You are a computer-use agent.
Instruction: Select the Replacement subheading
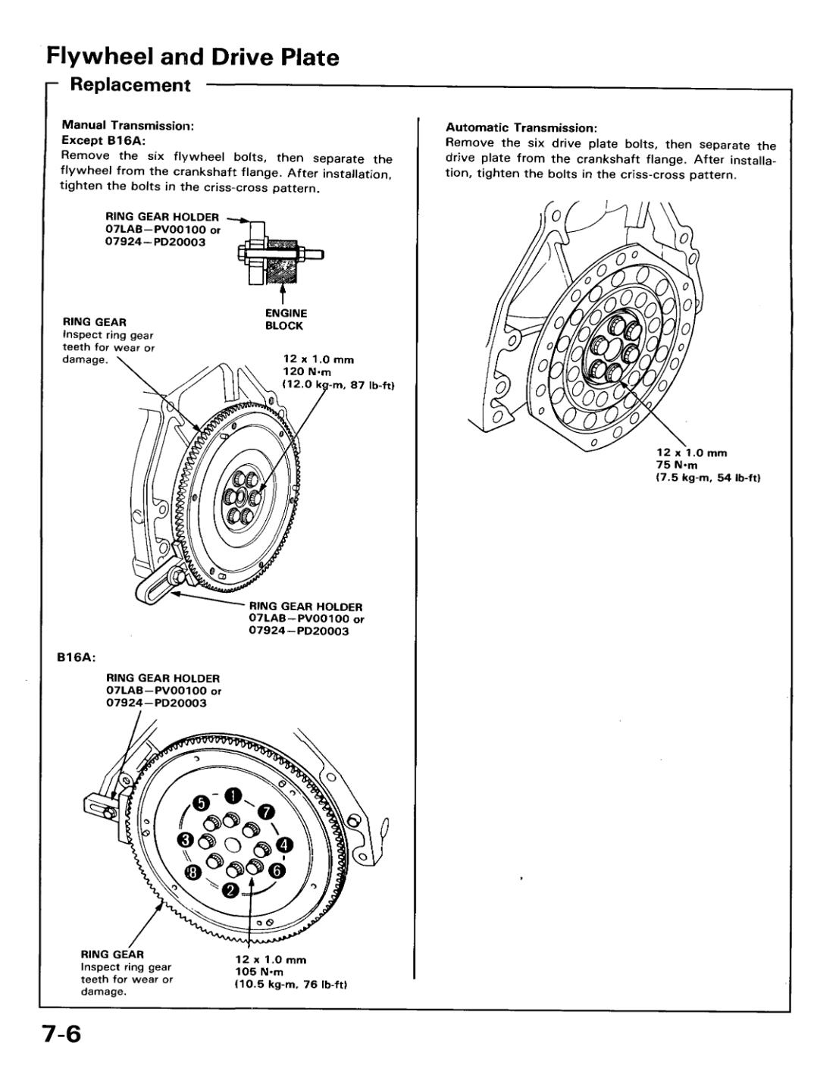point(130,85)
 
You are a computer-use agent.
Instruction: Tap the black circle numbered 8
point(194,873)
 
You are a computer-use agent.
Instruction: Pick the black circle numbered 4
point(283,844)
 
